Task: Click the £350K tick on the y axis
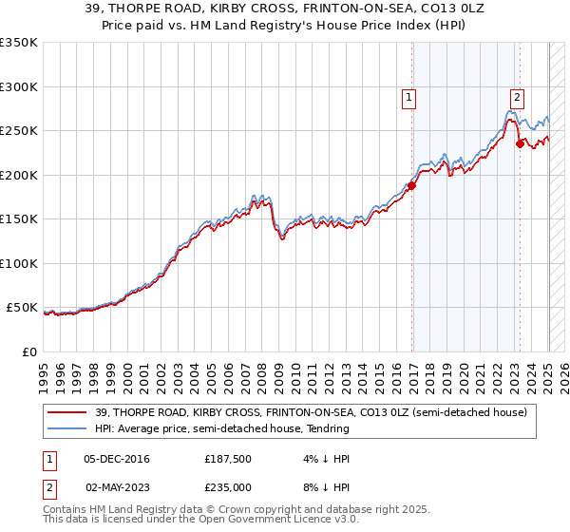tap(19, 43)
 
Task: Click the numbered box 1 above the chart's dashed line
tap(408, 96)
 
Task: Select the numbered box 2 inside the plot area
tap(517, 96)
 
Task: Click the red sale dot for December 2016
tap(411, 186)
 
